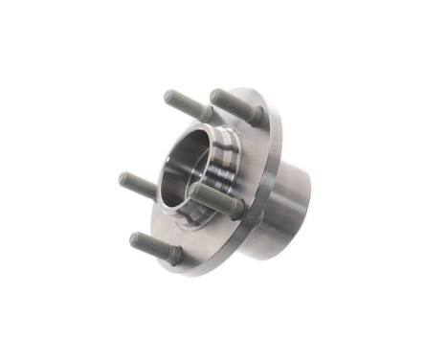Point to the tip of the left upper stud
[x=169, y=96]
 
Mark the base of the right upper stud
[x=254, y=115]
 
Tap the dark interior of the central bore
[x=187, y=163]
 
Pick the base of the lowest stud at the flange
[x=177, y=257]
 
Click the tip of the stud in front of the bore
[x=194, y=190]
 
